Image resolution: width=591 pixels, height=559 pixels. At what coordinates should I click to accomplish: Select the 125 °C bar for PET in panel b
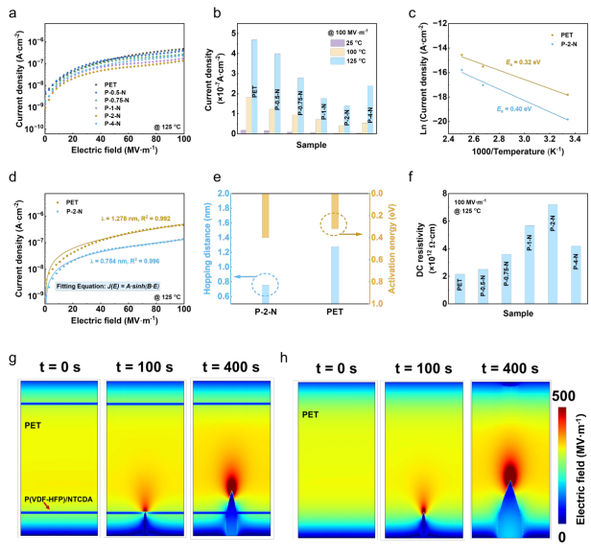254,86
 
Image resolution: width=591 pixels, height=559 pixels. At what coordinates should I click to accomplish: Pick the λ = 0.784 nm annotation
115,232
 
